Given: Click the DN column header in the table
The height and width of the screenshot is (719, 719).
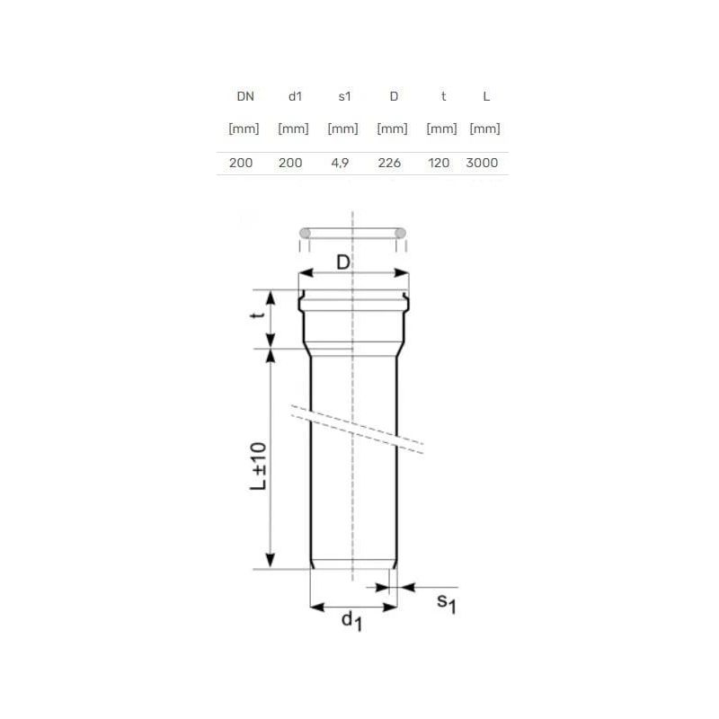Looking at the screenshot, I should coord(244,96).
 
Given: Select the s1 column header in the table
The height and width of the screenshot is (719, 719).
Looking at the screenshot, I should coord(342,96).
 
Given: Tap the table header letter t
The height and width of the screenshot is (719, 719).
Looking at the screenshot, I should coord(441,96).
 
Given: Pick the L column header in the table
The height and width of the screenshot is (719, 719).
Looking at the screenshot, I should coord(485,96).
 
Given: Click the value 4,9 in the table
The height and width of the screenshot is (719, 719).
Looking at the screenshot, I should coord(342,163).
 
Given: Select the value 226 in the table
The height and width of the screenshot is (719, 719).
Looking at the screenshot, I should coord(393,163).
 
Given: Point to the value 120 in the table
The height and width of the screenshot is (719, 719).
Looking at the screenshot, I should coord(441,163).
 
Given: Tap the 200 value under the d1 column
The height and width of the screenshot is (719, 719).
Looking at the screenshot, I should coord(292,163).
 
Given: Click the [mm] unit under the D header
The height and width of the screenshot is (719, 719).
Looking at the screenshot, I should coord(393,129).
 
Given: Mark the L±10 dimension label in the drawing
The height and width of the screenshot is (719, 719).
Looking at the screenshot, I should coord(258,465).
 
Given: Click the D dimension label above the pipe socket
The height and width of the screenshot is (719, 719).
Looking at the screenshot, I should coord(343,262).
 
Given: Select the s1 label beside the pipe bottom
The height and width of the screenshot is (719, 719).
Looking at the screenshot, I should coord(447,603).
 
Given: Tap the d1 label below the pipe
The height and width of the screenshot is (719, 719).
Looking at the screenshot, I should coord(351,621).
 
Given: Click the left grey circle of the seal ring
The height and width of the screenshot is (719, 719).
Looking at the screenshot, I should coord(305,234).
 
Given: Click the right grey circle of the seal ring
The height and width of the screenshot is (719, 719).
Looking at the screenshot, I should coord(400,234).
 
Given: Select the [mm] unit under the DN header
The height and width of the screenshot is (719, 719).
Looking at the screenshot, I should coord(244,129).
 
